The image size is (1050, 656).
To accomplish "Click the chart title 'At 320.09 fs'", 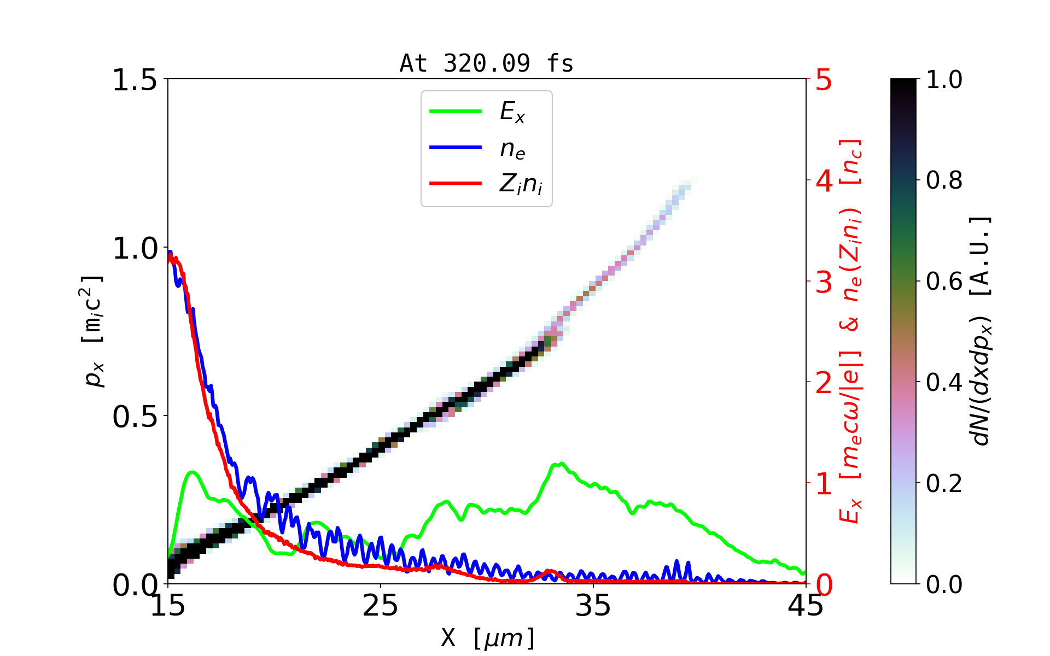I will tap(486, 63).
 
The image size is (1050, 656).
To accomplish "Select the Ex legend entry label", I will tap(512, 112).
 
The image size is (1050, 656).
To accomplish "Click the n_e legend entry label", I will tap(512, 149).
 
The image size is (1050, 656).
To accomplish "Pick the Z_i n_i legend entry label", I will tap(521, 184).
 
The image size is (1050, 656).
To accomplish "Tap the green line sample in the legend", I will tap(456, 112).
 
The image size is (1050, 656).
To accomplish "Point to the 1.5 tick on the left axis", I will tap(135, 80).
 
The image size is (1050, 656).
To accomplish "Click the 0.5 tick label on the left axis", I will tap(135, 417).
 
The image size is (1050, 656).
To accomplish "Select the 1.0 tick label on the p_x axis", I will tap(135, 249).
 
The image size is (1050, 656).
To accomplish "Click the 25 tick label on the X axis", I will tap(381, 606).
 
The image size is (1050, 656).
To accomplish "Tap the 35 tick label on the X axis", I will tap(593, 606).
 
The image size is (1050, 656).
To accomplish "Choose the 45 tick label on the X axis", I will tap(806, 606).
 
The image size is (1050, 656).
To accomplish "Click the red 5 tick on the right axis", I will tap(824, 80).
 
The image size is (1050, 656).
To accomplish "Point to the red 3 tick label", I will tap(824, 282).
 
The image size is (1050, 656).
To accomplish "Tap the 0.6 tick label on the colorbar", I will tap(944, 282).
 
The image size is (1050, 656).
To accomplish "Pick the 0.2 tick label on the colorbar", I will tap(944, 484).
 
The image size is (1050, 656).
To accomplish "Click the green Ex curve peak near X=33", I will tap(561, 464).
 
